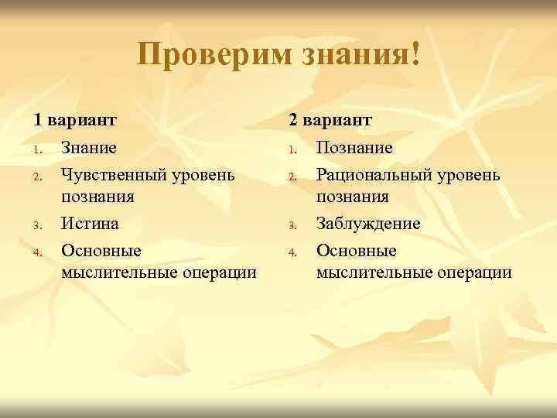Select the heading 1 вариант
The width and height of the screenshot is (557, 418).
click(74, 120)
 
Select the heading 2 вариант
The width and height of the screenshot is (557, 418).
click(330, 120)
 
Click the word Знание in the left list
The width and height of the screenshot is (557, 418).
click(89, 147)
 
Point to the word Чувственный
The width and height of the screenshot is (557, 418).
click(115, 174)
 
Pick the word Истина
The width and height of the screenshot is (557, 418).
click(90, 224)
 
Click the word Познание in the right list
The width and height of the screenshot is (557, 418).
click(354, 147)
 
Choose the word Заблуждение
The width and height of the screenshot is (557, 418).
click(368, 224)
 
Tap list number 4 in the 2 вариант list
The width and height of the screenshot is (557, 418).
click(292, 252)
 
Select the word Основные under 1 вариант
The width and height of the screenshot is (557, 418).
click(101, 251)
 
